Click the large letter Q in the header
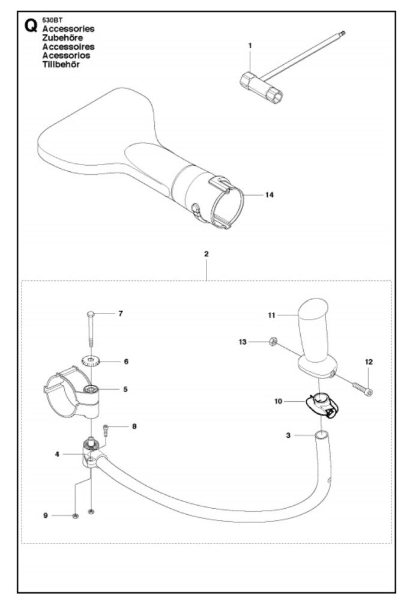tap(31, 26)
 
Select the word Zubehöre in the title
tap(62, 38)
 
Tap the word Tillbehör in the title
tap(61, 64)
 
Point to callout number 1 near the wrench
tap(250, 46)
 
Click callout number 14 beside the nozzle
tap(269, 195)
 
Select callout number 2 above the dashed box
tap(206, 254)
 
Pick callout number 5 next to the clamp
tap(125, 389)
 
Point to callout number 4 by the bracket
tap(57, 454)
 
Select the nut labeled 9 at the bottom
tap(76, 516)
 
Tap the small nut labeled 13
tap(271, 342)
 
